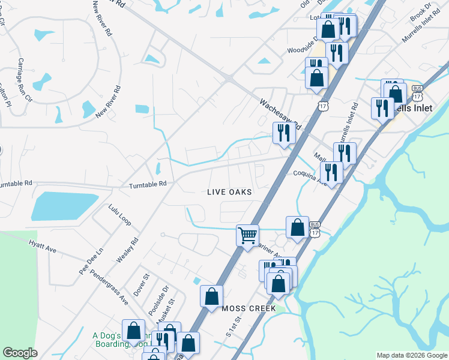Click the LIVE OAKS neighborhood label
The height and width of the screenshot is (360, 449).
coord(228,192)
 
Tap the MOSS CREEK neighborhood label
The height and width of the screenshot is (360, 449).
coord(249,308)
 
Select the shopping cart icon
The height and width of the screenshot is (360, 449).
coord(247,235)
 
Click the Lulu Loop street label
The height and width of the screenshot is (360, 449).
coord(119,214)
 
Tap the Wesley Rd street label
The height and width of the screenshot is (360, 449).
coord(128,250)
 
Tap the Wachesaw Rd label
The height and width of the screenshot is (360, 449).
coord(279,111)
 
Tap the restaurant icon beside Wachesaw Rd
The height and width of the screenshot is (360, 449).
coord(283,133)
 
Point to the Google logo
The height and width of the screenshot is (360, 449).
coord(20,353)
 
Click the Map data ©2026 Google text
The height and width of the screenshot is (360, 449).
coord(412,355)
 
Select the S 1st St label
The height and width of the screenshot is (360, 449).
coord(234,326)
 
